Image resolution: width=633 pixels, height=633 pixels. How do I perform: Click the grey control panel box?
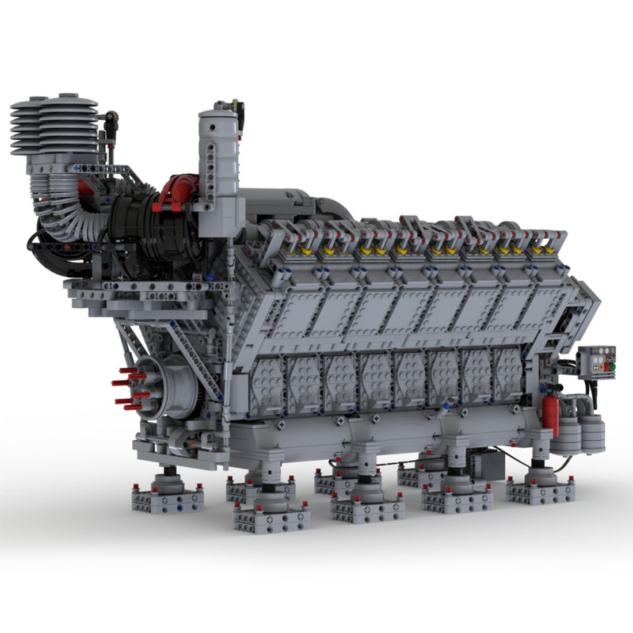596,363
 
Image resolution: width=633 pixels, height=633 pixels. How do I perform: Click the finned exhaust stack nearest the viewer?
68,127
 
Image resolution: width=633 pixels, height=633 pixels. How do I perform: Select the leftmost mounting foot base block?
167,498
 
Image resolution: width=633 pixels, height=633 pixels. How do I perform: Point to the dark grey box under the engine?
486,460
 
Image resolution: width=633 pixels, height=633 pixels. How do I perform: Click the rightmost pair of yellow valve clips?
540,250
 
